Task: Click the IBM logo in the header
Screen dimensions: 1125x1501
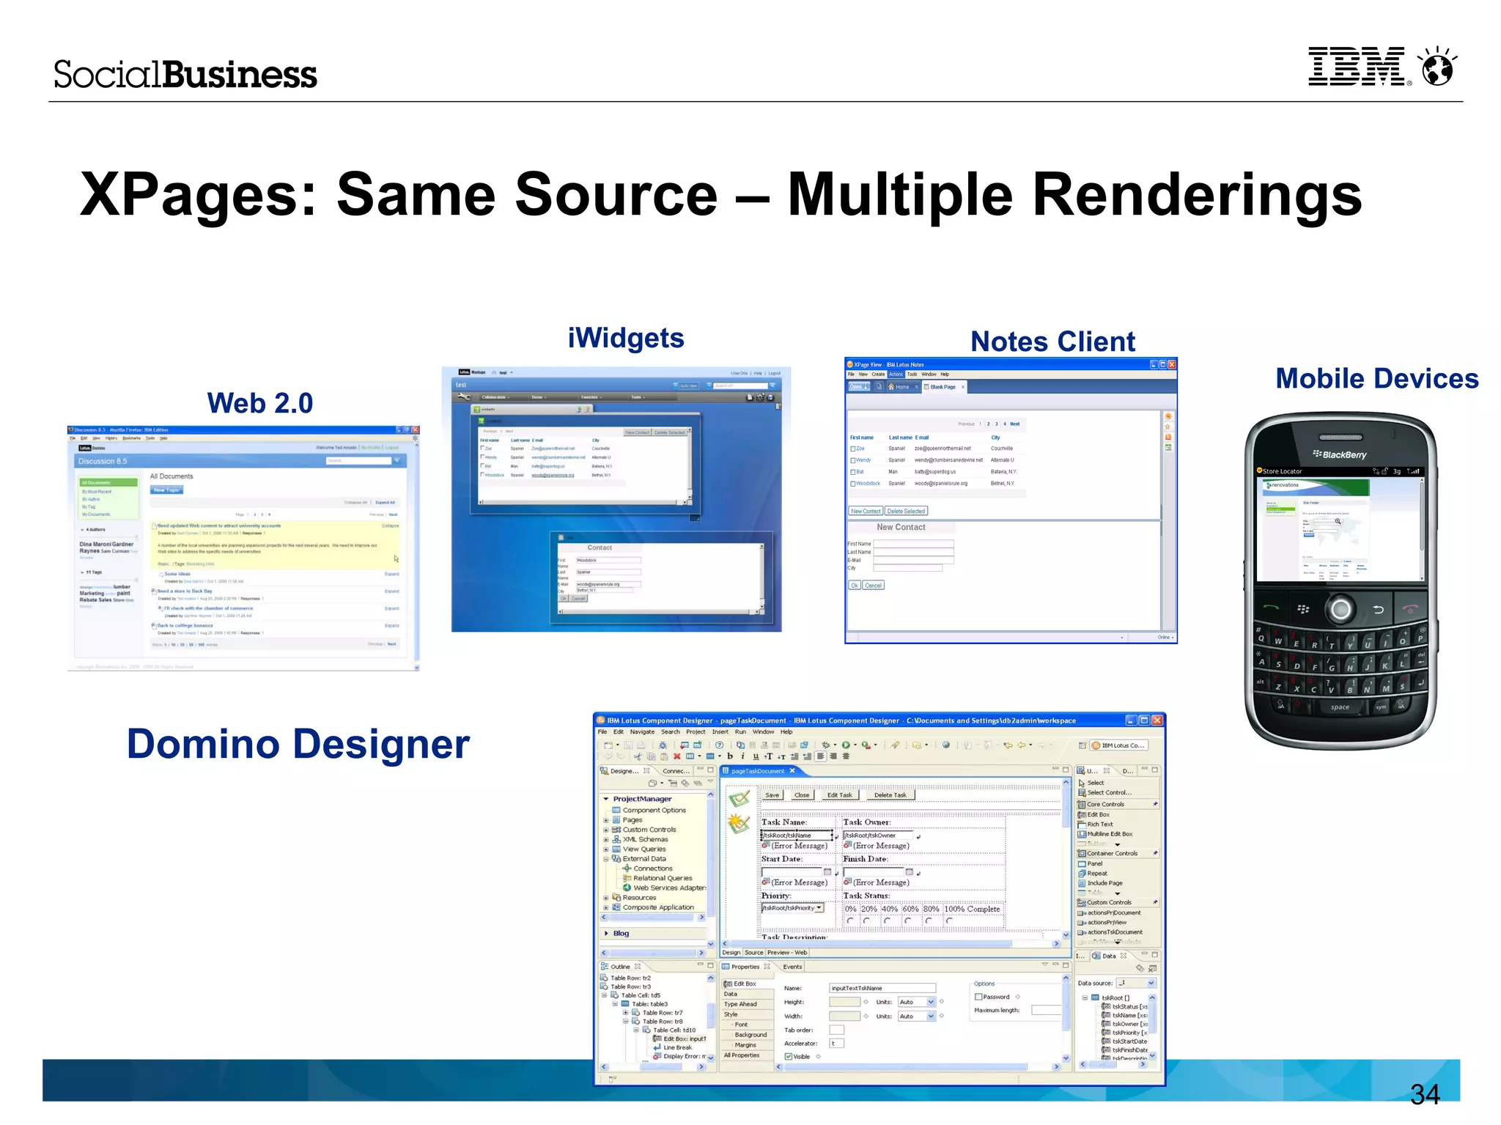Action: (1357, 67)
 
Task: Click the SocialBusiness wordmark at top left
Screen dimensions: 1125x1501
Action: (185, 75)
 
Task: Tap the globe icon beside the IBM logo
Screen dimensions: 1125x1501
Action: (1437, 67)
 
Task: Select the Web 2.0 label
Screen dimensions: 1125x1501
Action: (259, 403)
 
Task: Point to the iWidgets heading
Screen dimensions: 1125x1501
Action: (625, 339)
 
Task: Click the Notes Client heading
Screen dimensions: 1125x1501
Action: (1052, 342)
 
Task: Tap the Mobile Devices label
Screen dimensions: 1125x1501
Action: (1376, 379)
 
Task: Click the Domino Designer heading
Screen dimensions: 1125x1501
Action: (298, 745)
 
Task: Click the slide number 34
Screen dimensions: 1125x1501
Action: (1424, 1094)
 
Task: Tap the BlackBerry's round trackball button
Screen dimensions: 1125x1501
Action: (1340, 609)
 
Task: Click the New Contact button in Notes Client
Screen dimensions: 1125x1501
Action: (865, 512)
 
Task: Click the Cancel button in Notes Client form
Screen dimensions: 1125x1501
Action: (873, 586)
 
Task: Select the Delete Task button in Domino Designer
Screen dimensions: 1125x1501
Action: (890, 795)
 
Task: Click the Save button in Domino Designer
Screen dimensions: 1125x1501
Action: (772, 795)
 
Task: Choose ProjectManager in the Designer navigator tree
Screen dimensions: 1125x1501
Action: (642, 799)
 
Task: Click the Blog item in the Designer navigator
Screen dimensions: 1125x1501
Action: (621, 934)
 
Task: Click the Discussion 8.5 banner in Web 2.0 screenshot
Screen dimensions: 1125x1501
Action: (103, 462)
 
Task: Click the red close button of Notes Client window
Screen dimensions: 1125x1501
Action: (1171, 364)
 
